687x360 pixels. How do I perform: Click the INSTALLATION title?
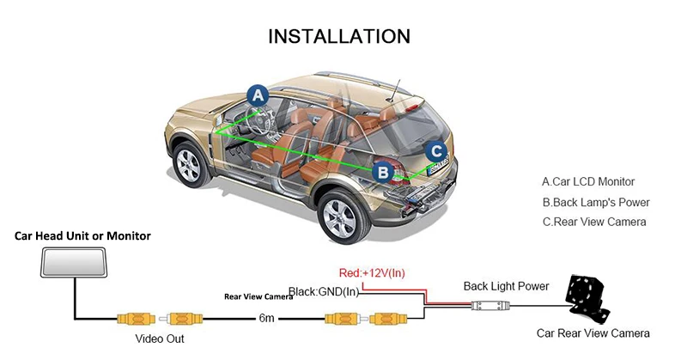pyautogui.click(x=339, y=36)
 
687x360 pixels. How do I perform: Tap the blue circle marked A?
pyautogui.click(x=258, y=95)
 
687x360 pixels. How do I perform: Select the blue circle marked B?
pyautogui.click(x=383, y=173)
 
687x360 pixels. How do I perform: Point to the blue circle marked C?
pyautogui.click(x=436, y=152)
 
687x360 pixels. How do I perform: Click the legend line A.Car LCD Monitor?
pyautogui.click(x=588, y=181)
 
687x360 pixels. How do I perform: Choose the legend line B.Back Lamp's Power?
pyautogui.click(x=596, y=202)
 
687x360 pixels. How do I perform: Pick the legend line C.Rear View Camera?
pyautogui.click(x=594, y=222)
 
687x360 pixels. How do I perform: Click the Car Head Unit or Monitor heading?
pyautogui.click(x=82, y=236)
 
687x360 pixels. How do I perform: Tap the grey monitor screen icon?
pyautogui.click(x=74, y=262)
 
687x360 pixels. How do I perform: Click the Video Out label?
pyautogui.click(x=160, y=339)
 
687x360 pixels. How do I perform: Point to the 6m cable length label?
pyautogui.click(x=266, y=318)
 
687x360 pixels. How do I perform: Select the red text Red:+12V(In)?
pyautogui.click(x=372, y=273)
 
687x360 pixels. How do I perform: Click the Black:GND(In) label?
pyautogui.click(x=324, y=291)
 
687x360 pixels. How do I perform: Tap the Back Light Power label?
pyautogui.click(x=506, y=286)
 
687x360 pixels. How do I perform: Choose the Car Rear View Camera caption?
pyautogui.click(x=593, y=333)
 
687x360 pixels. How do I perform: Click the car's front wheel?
pyautogui.click(x=190, y=164)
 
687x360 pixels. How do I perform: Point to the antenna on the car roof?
pyautogui.click(x=394, y=90)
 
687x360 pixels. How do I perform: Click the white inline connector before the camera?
pyautogui.click(x=490, y=305)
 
